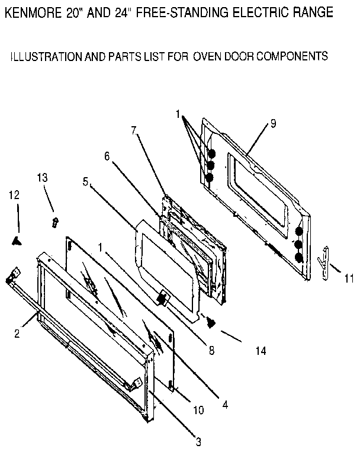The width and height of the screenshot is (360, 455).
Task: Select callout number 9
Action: pyautogui.click(x=273, y=123)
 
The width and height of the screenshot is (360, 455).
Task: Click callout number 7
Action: pyautogui.click(x=134, y=129)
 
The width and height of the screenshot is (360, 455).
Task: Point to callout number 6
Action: pyautogui.click(x=107, y=156)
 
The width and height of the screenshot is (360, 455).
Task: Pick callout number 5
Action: pyautogui.click(x=86, y=183)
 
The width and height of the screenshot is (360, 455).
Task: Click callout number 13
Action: pyautogui.click(x=42, y=178)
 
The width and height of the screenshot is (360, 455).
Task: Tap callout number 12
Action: pyautogui.click(x=14, y=194)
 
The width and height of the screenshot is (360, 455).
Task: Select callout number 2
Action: pyautogui.click(x=18, y=333)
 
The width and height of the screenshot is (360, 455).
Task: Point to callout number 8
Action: pyautogui.click(x=211, y=350)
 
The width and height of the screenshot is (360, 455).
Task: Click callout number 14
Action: pyautogui.click(x=260, y=351)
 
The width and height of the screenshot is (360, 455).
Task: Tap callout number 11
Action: pyautogui.click(x=349, y=277)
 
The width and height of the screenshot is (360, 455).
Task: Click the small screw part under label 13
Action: pyautogui.click(x=54, y=223)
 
